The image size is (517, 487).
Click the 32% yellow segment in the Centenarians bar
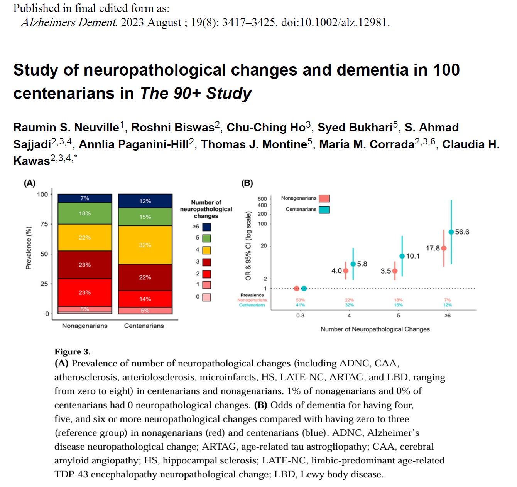pyautogui.click(x=145, y=245)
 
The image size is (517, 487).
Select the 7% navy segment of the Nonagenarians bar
pyautogui.click(x=85, y=198)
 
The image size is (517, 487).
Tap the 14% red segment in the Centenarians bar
pyautogui.click(x=145, y=299)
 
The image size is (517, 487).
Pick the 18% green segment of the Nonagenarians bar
pyautogui.click(x=85, y=213)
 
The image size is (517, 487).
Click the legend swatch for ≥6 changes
pyautogui.click(x=207, y=227)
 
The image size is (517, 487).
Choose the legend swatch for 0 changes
pyautogui.click(x=207, y=297)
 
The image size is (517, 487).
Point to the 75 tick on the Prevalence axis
pyautogui.click(x=44, y=224)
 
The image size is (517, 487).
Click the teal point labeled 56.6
pyautogui.click(x=451, y=232)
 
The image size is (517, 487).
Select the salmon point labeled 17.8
pyautogui.click(x=444, y=248)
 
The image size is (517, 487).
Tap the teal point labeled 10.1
pyautogui.click(x=402, y=256)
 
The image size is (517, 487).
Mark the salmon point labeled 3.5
pyautogui.click(x=395, y=271)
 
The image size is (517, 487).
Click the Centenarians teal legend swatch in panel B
pyautogui.click(x=324, y=210)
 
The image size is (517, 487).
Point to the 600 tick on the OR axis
pyautogui.click(x=262, y=199)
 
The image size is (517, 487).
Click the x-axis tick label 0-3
pyautogui.click(x=300, y=316)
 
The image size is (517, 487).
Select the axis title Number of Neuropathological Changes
pyautogui.click(x=375, y=329)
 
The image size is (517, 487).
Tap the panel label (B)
pyautogui.click(x=247, y=183)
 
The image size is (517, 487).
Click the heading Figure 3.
pyautogui.click(x=72, y=351)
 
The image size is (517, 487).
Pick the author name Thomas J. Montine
pyautogui.click(x=254, y=144)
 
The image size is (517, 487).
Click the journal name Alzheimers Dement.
pyautogui.click(x=69, y=22)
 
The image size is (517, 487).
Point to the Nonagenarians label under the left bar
pyautogui.click(x=85, y=326)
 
